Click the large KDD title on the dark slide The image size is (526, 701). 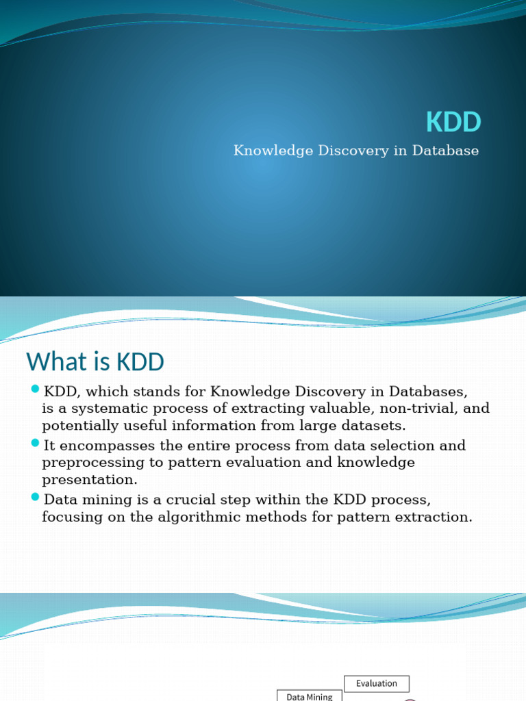[453, 123]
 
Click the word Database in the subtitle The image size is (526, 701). [445, 151]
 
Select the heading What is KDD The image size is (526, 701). [95, 361]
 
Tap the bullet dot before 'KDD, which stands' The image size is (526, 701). [36, 390]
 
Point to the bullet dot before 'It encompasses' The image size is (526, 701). [36, 444]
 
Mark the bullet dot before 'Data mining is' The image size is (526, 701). [36, 497]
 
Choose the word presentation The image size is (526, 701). [90, 481]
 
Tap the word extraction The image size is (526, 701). [435, 517]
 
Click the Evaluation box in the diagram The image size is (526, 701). [376, 683]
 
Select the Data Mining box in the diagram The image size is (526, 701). [309, 696]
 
